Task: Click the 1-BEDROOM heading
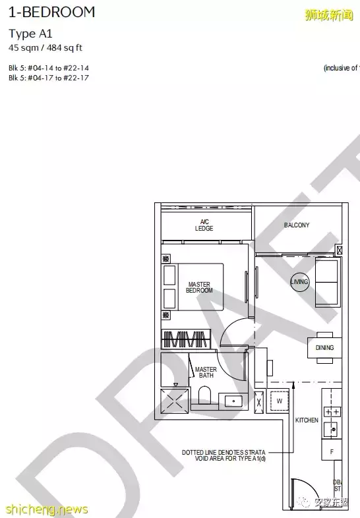pos(51,12)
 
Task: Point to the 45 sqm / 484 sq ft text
pos(45,47)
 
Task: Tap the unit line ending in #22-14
pos(49,68)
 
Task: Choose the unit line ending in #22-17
pos(49,78)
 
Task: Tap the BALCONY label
pos(296,225)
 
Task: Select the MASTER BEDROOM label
pos(199,287)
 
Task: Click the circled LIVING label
pos(299,282)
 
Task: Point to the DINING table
pos(324,347)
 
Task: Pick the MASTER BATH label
pos(206,372)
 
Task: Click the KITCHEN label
pos(307,420)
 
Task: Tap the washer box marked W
pos(278,399)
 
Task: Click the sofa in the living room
pos(328,282)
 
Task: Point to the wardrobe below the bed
pos(185,339)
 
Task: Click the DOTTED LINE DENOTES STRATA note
pos(224,456)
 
